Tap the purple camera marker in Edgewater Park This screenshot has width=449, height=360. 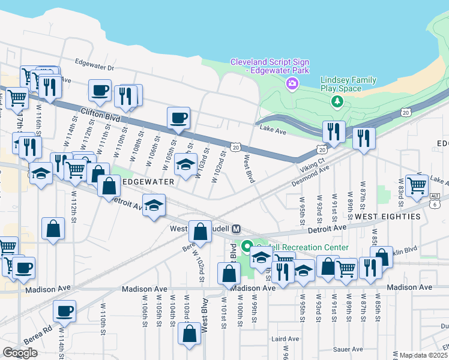tap(292, 83)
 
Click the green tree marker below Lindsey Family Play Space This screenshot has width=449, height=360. tap(337, 101)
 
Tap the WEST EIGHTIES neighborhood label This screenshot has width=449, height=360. tap(387, 216)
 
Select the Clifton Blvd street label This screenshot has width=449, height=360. tap(97, 115)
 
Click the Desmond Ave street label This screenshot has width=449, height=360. tap(312, 173)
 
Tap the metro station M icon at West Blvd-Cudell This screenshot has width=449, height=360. tap(237, 229)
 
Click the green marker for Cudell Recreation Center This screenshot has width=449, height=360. tap(246, 246)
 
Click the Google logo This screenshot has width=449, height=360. tap(20, 353)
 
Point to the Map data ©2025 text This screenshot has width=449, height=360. tap(424, 355)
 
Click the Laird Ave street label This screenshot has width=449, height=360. tap(281, 339)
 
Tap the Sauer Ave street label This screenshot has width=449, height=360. tap(349, 349)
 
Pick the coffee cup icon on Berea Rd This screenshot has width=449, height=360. tap(64, 311)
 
